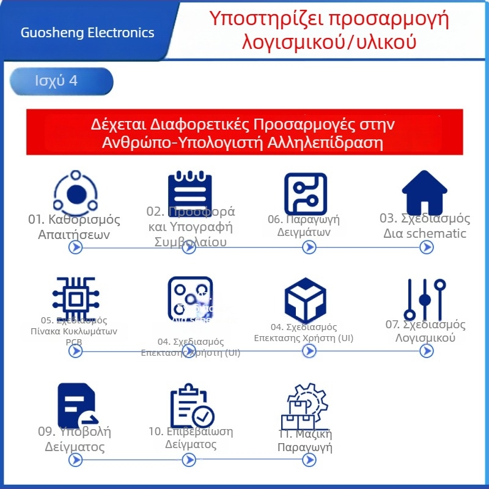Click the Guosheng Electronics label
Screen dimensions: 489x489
coord(87,32)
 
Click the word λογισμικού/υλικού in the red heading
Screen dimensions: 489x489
coord(329,42)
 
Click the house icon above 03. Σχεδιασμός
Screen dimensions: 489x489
coord(427,191)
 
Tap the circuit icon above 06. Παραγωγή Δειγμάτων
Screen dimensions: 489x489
coord(306,193)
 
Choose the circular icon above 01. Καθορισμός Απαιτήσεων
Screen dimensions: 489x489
coord(76,194)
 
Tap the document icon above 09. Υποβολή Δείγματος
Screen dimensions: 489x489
coord(76,404)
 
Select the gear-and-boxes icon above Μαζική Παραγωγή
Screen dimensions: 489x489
coord(304,406)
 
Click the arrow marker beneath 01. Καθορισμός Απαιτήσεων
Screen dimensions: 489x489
coord(75,247)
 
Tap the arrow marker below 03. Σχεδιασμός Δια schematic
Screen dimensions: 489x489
coord(427,247)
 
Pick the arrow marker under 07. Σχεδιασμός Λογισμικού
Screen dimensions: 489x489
coord(427,351)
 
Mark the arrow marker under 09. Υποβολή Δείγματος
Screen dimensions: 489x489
coord(75,460)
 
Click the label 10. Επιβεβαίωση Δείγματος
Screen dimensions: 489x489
coord(191,438)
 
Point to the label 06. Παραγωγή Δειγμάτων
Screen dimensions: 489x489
coord(304,226)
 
